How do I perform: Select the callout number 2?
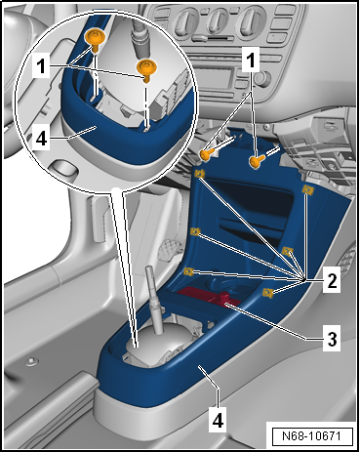point(333,282)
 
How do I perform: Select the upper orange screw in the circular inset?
point(96,38)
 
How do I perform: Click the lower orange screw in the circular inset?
point(147,68)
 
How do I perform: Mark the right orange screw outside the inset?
point(257,161)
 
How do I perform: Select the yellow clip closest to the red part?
point(266,291)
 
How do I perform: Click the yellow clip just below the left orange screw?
point(199,175)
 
